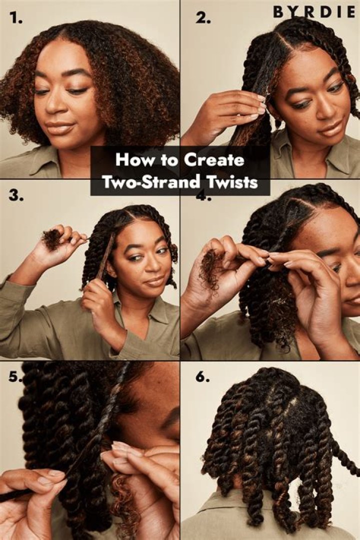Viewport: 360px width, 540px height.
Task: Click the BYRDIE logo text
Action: click(x=314, y=12)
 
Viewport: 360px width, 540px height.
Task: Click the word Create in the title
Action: click(x=214, y=160)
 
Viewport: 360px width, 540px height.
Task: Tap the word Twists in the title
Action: click(x=234, y=182)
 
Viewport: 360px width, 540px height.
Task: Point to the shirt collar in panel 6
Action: click(x=270, y=520)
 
